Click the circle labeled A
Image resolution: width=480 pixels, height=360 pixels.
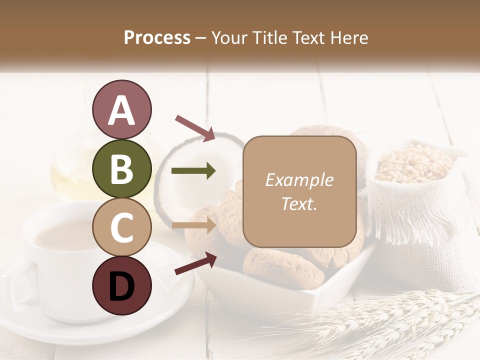pos(121,109)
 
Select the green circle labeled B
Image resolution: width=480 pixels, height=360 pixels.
pos(121,168)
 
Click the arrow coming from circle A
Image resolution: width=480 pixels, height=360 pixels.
pos(195,128)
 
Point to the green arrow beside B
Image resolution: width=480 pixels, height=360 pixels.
pos(193,171)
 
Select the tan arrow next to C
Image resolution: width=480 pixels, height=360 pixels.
pos(193,225)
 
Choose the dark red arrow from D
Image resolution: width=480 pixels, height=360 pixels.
pos(195,264)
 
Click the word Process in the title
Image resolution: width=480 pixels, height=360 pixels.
pos(157,37)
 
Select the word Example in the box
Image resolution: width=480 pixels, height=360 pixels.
pos(299,180)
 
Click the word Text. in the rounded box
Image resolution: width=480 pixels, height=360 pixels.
pos(299,203)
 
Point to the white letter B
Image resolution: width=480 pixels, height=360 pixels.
pos(121,169)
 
